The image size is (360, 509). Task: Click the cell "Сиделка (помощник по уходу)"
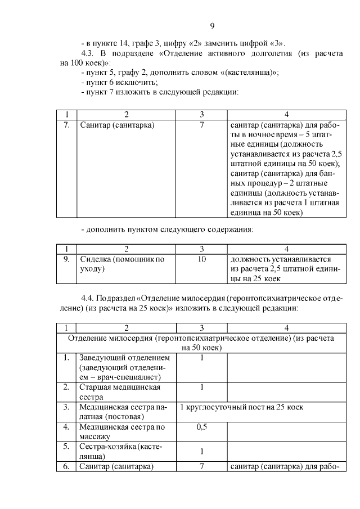(x=122, y=264)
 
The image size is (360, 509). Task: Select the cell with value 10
(x=201, y=259)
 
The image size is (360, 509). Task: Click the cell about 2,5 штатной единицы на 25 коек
(x=285, y=269)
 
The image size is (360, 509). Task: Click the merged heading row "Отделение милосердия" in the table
(x=201, y=343)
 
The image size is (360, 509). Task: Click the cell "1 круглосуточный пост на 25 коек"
(x=242, y=407)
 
